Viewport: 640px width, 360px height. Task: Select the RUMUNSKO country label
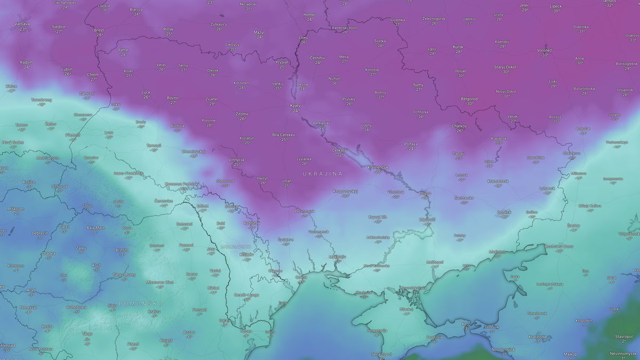tap(140, 303)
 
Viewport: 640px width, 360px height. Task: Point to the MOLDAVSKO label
tap(236, 247)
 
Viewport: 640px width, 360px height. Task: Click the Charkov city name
tap(459, 126)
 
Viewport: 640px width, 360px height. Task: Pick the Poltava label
tap(411, 144)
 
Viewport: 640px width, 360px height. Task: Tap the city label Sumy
tap(418, 85)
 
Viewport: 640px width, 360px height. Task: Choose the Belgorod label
tap(469, 99)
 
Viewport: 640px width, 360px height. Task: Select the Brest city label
tap(99, 30)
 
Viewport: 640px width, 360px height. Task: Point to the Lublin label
tap(67, 69)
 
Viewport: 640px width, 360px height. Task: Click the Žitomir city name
tap(242, 114)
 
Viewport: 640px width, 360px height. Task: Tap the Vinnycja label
tap(236, 160)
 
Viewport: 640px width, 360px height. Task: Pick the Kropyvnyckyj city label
tap(345, 191)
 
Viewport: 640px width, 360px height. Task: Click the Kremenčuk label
tap(378, 167)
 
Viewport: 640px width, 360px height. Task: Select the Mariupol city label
tap(497, 251)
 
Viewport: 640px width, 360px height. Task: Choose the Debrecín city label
tap(39, 233)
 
